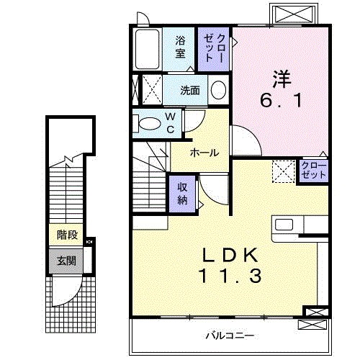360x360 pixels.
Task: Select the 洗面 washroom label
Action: pyautogui.click(x=190, y=91)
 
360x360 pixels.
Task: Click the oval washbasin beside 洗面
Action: pyautogui.click(x=218, y=91)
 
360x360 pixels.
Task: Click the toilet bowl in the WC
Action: pyautogui.click(x=149, y=123)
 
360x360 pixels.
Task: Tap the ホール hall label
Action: pyautogui.click(x=204, y=153)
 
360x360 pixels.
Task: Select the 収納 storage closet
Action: pyautogui.click(x=183, y=192)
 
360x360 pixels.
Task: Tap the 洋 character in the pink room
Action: pyautogui.click(x=280, y=75)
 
